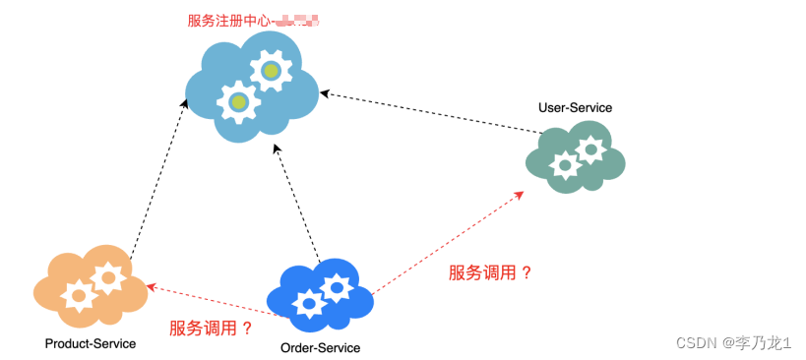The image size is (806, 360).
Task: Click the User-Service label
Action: tap(575, 106)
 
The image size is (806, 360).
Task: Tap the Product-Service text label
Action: tap(91, 343)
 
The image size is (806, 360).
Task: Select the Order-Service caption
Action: tap(320, 348)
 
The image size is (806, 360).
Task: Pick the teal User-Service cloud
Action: tap(576, 157)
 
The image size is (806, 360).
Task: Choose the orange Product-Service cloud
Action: tap(89, 286)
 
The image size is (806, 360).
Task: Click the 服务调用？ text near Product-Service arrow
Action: tap(211, 329)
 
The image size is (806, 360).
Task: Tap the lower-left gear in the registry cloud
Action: tap(237, 101)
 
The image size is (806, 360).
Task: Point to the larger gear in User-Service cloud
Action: tap(590, 150)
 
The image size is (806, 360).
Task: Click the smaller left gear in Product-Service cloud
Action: tap(77, 293)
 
